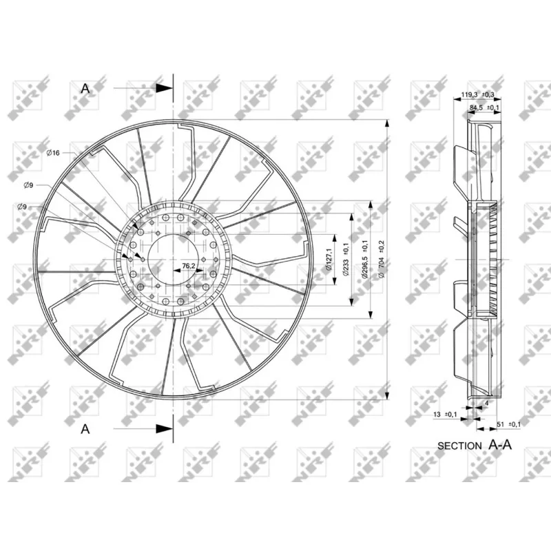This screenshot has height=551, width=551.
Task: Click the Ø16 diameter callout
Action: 53,152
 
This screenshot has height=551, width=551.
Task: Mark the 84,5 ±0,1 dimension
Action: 484,108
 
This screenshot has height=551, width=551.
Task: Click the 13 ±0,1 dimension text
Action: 446,414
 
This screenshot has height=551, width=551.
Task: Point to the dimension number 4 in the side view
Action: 486,402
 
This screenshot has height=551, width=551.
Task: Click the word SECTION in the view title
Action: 459,446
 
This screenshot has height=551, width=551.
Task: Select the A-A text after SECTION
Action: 500,444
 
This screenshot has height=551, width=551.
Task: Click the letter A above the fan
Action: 85,88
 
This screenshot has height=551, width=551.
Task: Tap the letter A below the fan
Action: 85,428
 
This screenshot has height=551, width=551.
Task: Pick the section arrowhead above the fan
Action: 164,88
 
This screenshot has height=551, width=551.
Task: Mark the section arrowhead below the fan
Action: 164,428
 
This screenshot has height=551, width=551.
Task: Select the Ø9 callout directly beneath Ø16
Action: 29,185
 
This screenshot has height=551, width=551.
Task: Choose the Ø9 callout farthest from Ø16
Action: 23,207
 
